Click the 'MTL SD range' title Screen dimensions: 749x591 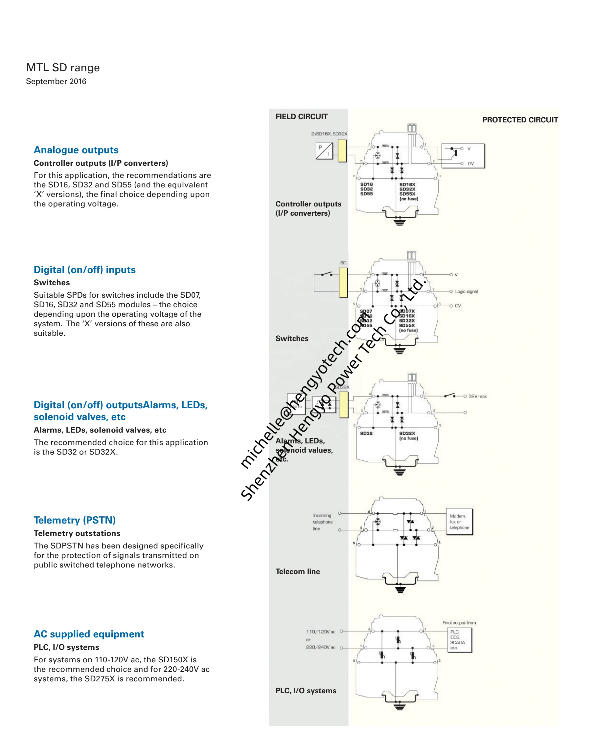point(63,67)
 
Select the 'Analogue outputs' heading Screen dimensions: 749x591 point(76,150)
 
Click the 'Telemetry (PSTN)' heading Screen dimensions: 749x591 point(74,520)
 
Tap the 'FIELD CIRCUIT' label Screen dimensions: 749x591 point(301,117)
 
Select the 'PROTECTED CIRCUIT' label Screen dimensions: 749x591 point(520,119)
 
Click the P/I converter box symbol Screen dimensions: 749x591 point(324,151)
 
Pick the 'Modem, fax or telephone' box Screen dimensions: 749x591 point(459,522)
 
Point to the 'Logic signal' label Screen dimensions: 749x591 point(466,291)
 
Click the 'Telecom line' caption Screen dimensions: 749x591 point(297,571)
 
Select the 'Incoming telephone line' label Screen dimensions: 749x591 point(323,522)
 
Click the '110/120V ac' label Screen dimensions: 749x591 point(320,631)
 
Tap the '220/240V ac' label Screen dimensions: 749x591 point(320,647)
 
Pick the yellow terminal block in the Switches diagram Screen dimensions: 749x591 point(343,282)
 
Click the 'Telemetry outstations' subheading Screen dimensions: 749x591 point(77,533)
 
